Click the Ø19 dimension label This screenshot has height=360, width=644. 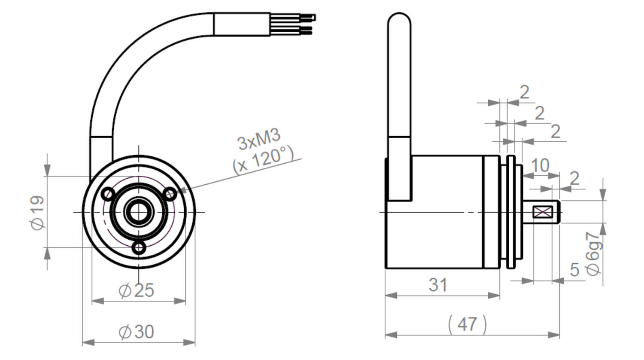tap(38, 212)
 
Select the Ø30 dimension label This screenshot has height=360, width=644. tap(136, 332)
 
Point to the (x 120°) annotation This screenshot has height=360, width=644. tap(263, 159)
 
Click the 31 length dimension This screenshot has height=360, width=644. tap(438, 285)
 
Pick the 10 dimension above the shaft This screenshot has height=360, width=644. tap(540, 165)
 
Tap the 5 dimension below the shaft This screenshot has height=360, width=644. tap(574, 270)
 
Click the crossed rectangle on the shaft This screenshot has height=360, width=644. tap(543, 212)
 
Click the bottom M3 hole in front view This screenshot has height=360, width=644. tap(139, 248)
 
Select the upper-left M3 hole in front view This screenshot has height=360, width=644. tap(108, 194)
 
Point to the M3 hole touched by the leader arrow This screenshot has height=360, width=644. tap(170, 194)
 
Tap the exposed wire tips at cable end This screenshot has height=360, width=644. tap(307, 24)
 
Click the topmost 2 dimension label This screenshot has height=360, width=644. tap(524, 92)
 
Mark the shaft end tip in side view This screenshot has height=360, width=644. tap(559, 212)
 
